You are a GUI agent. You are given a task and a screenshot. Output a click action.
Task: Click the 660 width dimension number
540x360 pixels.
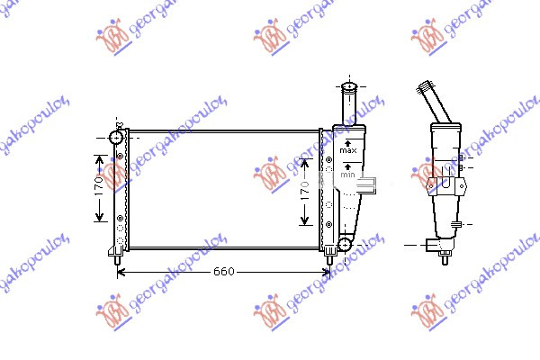click(226, 272)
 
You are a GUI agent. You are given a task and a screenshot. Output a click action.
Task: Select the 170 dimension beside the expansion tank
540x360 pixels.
click(305, 191)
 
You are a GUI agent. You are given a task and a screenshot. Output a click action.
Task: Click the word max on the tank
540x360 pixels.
click(349, 149)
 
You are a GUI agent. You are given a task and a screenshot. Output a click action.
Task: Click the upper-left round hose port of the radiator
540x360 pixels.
click(115, 138)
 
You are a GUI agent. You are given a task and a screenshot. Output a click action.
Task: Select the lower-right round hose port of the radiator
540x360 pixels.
click(345, 244)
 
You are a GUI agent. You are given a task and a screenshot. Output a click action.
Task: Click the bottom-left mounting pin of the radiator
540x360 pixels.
click(118, 257)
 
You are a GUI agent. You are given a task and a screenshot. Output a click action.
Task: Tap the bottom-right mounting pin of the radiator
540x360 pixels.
click(329, 257)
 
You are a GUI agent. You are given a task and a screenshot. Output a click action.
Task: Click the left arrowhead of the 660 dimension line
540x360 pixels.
click(123, 272)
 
